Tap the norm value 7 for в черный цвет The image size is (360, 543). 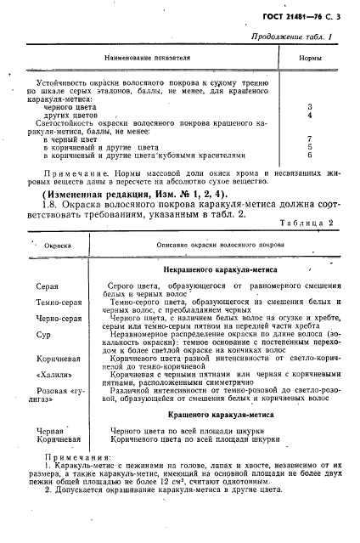point(310,138)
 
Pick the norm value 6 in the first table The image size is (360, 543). point(310,155)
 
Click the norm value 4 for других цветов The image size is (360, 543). point(310,115)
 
